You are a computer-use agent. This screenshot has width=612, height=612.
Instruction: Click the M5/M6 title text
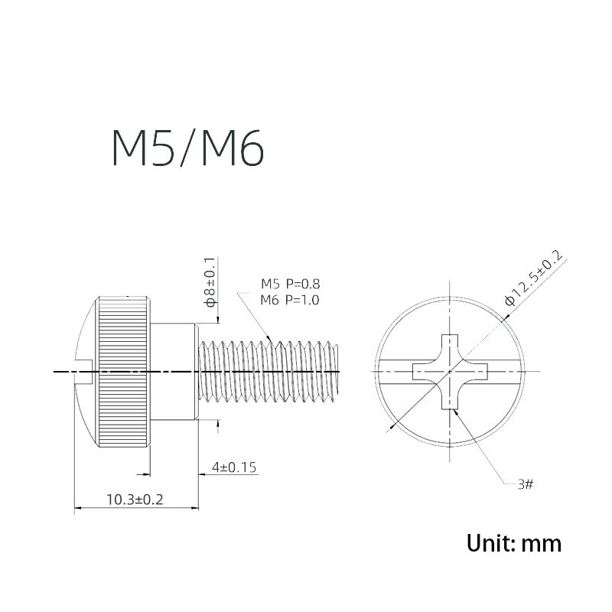[188, 148]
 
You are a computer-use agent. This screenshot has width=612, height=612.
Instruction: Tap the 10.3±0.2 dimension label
[135, 500]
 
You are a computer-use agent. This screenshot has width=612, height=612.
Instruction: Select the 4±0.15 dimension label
[234, 467]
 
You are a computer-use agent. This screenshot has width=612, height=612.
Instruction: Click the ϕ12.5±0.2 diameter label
[533, 278]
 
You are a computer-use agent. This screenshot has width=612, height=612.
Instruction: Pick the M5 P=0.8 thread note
[291, 284]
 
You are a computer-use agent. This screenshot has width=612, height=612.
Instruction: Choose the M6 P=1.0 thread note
[290, 300]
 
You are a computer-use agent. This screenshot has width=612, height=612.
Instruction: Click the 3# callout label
[526, 485]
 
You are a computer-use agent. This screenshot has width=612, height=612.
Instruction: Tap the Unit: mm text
[514, 543]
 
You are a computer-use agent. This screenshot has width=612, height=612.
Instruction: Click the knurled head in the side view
[124, 372]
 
